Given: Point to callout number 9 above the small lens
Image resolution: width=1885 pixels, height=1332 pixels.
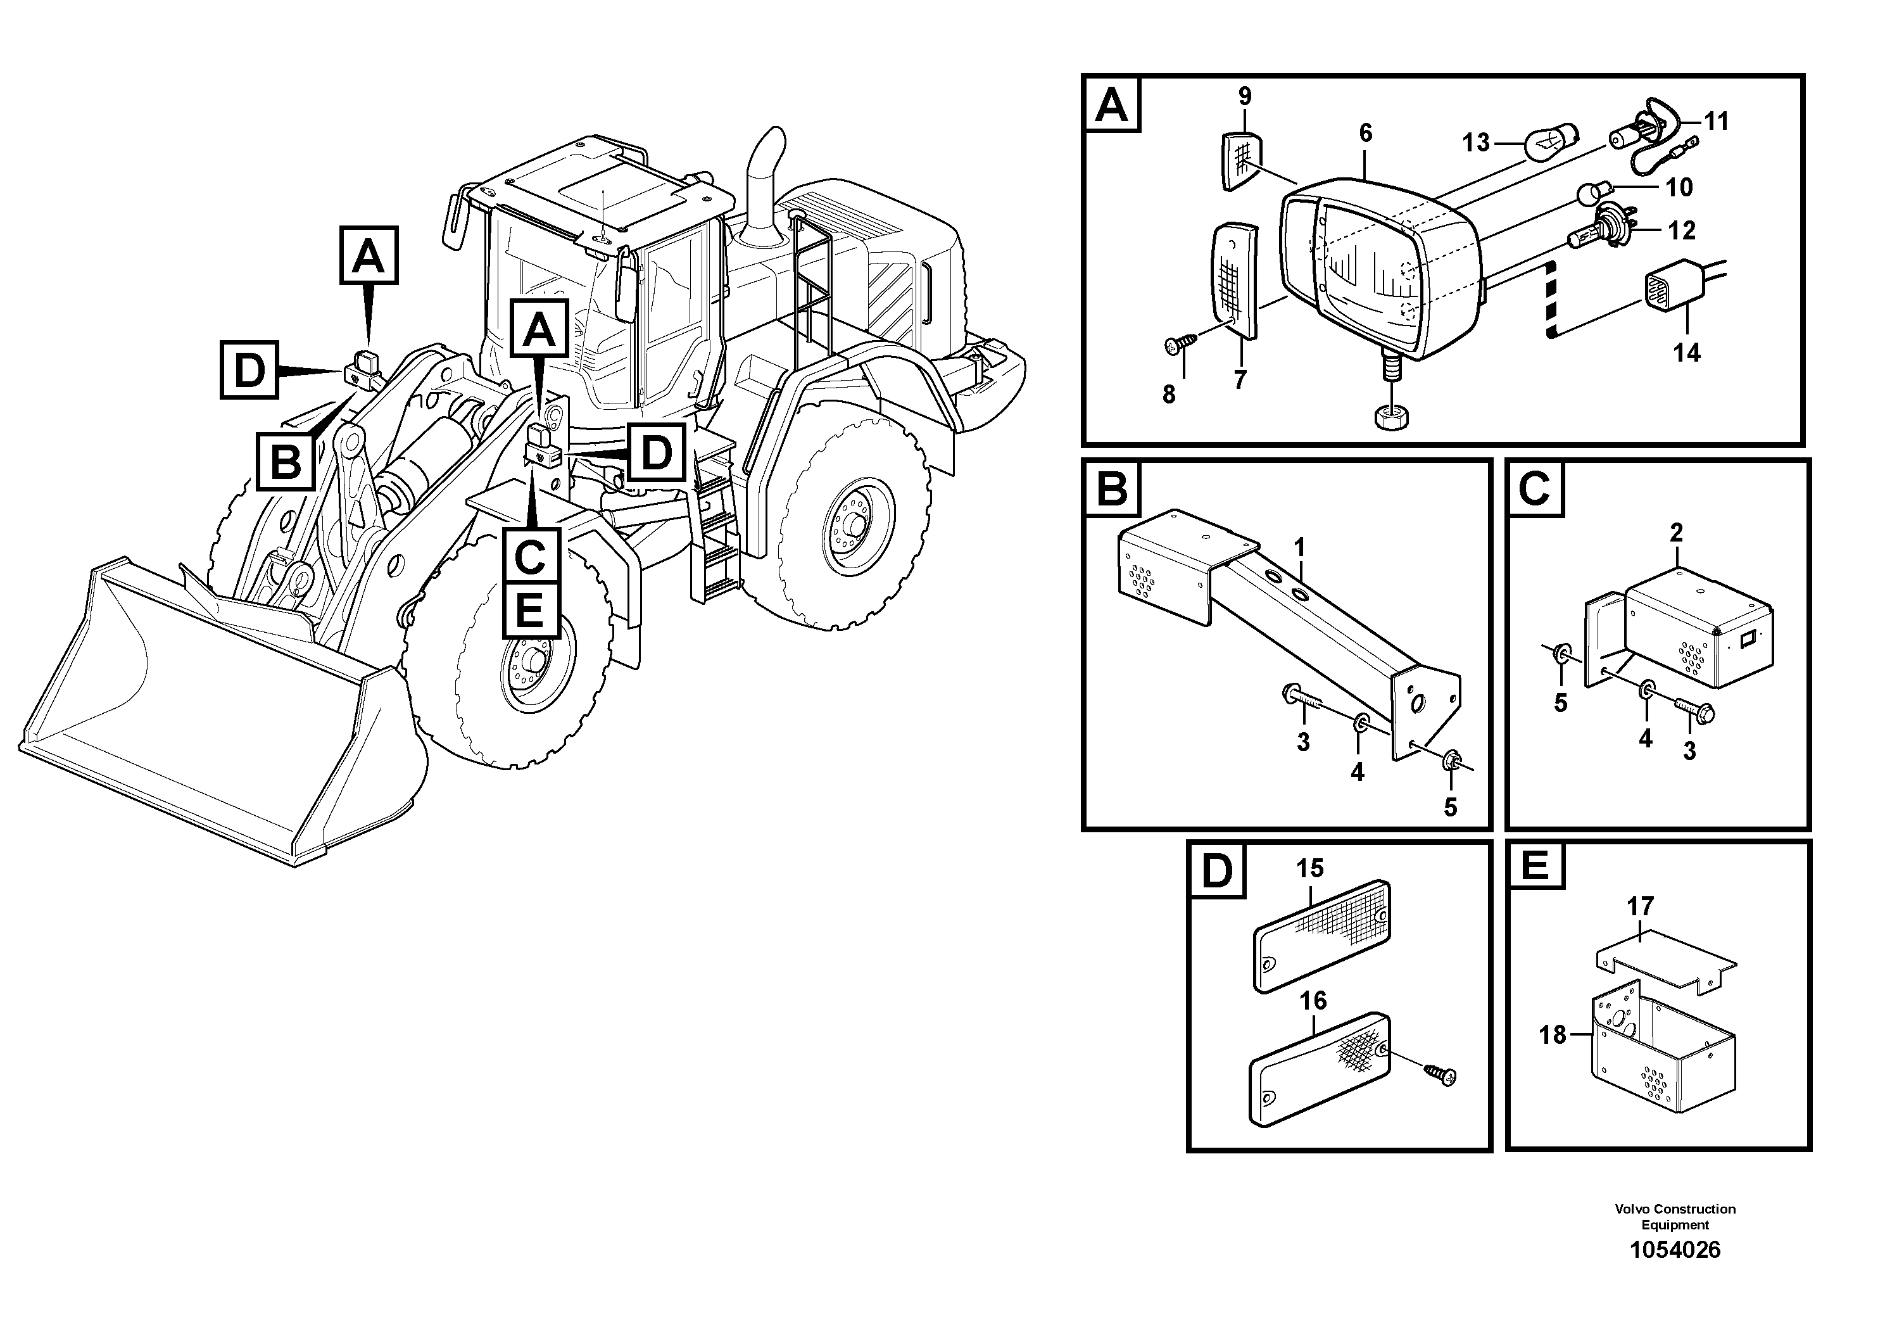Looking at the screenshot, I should (1245, 97).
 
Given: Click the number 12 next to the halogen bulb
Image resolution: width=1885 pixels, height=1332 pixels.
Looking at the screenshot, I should (1681, 231).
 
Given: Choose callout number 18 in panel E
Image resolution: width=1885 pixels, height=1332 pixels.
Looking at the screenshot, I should (1553, 1036).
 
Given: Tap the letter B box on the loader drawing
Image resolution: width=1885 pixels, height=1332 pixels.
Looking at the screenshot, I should (285, 462).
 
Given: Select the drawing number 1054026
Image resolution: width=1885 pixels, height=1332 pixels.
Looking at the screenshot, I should (1675, 1250).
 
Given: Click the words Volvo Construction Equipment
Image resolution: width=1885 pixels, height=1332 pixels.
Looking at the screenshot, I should (1675, 1216).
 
